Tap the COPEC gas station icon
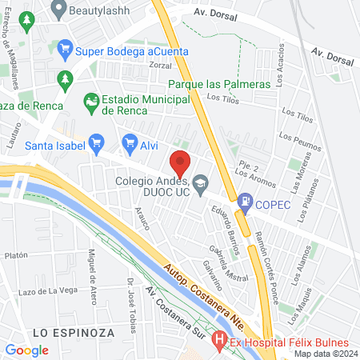pos(244,204)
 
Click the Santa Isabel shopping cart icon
pos(97,145)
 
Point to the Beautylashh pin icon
pos(58,10)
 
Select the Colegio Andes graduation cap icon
pos(200,183)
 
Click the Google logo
pos(26,350)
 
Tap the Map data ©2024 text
pos(325,354)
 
